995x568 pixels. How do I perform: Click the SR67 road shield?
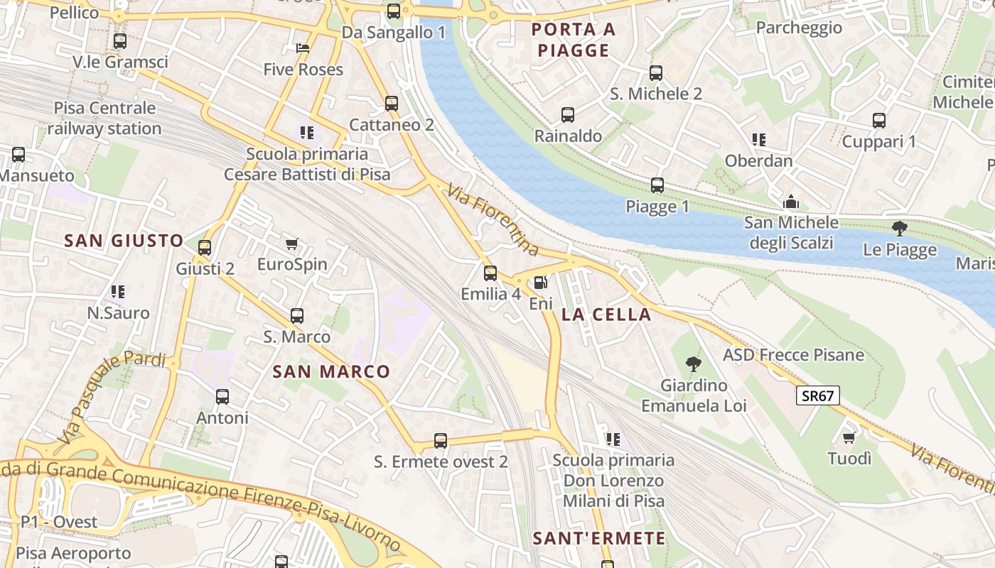817,396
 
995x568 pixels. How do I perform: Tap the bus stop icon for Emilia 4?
490,273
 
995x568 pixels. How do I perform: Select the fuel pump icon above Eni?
541,283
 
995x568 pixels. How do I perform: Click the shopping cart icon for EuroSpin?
291,244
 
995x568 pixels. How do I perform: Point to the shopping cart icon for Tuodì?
849,437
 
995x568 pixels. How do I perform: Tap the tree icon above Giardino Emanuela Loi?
694,365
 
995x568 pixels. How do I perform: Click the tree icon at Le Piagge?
900,229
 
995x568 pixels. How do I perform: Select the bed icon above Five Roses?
303,48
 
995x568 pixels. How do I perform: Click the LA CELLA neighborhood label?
606,315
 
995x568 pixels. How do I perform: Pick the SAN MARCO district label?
332,371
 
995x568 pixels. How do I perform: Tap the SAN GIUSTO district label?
124,241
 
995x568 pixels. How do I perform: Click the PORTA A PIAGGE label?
574,40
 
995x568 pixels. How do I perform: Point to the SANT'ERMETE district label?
600,538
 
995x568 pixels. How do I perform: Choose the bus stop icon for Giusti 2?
205,248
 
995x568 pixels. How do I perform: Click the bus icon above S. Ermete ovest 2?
441,441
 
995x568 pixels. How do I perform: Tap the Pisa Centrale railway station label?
104,119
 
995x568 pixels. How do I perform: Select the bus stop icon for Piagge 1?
657,186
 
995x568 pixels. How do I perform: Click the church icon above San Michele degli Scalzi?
791,202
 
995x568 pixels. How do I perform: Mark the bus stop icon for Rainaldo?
568,115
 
